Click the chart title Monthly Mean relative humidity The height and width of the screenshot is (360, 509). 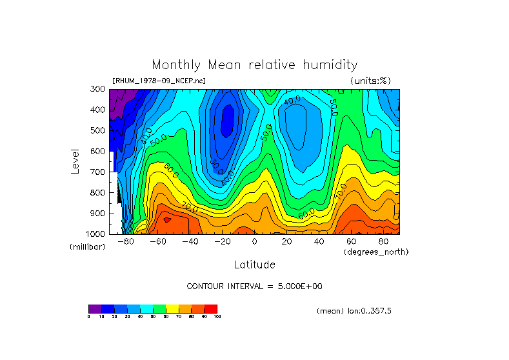tap(254, 65)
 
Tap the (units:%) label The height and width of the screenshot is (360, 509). tap(370, 81)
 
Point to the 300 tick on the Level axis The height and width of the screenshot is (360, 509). tap(97, 90)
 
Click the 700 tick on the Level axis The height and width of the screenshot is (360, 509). tap(97, 172)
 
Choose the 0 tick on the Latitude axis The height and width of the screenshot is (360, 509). tap(254, 241)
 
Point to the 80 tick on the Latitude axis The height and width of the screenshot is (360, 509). tap(383, 241)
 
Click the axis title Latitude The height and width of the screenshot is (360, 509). tap(254, 265)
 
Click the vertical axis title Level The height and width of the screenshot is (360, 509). tap(75, 161)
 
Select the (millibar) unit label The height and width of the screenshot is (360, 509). tap(87, 247)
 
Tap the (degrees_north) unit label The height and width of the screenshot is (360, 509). tap(376, 251)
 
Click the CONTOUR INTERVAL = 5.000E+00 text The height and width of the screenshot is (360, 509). tap(254, 286)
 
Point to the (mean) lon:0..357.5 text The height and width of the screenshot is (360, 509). tap(354, 311)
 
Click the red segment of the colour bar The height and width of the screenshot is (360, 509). tap(211, 308)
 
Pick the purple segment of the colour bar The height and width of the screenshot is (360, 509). tap(95, 308)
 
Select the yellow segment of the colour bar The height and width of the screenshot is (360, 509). tap(172, 308)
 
